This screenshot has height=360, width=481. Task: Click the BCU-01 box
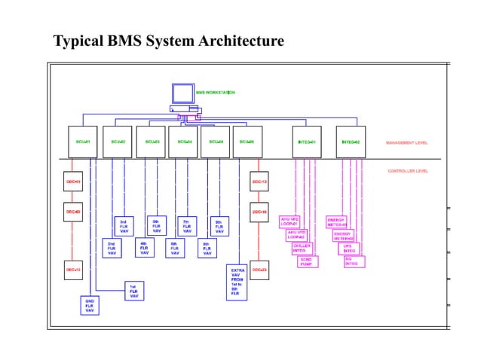point(82,142)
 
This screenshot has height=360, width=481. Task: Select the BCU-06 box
point(247,142)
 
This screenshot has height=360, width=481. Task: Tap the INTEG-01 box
point(307,142)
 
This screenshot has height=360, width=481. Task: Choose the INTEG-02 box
point(351,142)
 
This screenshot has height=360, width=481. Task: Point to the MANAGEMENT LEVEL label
point(407,142)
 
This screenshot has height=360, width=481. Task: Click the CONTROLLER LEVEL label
point(408,171)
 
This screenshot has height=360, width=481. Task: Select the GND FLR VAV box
point(89,304)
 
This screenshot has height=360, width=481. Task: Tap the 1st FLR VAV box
point(133,291)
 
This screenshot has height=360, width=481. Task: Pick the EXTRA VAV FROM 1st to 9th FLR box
point(237,282)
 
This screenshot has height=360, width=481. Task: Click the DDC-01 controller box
point(72,182)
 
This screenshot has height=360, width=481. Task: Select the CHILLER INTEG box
point(302,248)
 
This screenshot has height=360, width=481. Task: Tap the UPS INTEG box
point(349,248)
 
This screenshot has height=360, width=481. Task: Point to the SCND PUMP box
point(307,261)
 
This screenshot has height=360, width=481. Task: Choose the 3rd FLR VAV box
point(124,226)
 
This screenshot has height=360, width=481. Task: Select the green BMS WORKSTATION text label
point(215,92)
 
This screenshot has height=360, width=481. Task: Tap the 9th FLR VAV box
point(219,226)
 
